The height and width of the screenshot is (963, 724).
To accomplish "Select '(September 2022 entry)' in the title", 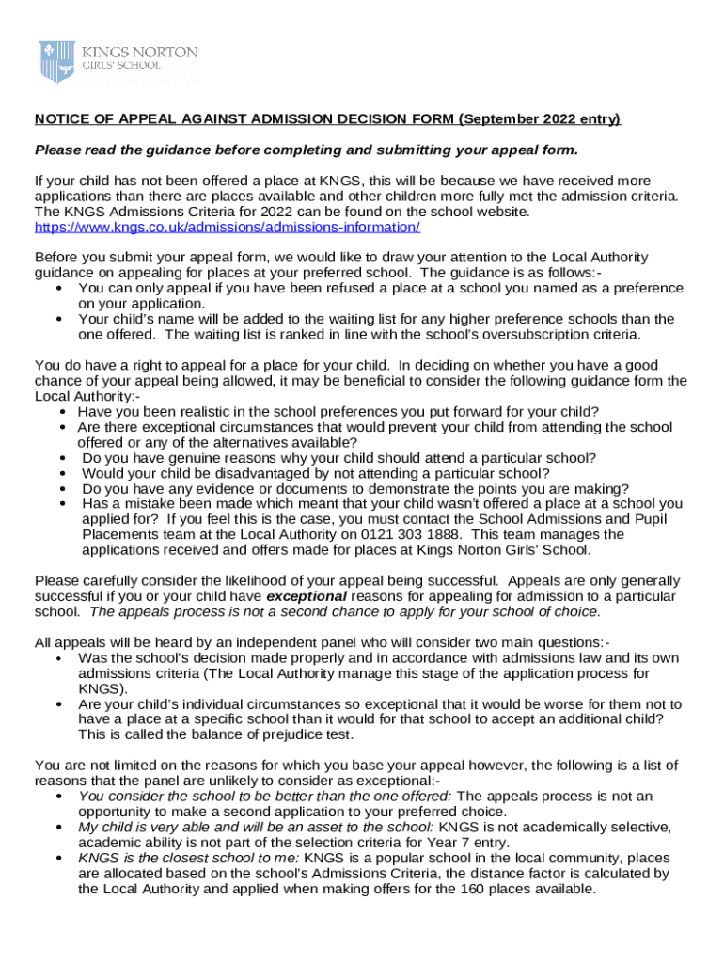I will (540, 119).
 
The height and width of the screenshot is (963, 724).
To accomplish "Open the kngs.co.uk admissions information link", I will (227, 227).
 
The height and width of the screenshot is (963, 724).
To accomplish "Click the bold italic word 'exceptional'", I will (307, 596).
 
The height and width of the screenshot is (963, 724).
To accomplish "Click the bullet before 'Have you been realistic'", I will (62, 412).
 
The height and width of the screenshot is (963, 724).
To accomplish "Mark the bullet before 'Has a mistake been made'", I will (62, 504).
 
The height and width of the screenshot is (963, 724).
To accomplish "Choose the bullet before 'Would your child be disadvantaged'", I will (62, 473).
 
